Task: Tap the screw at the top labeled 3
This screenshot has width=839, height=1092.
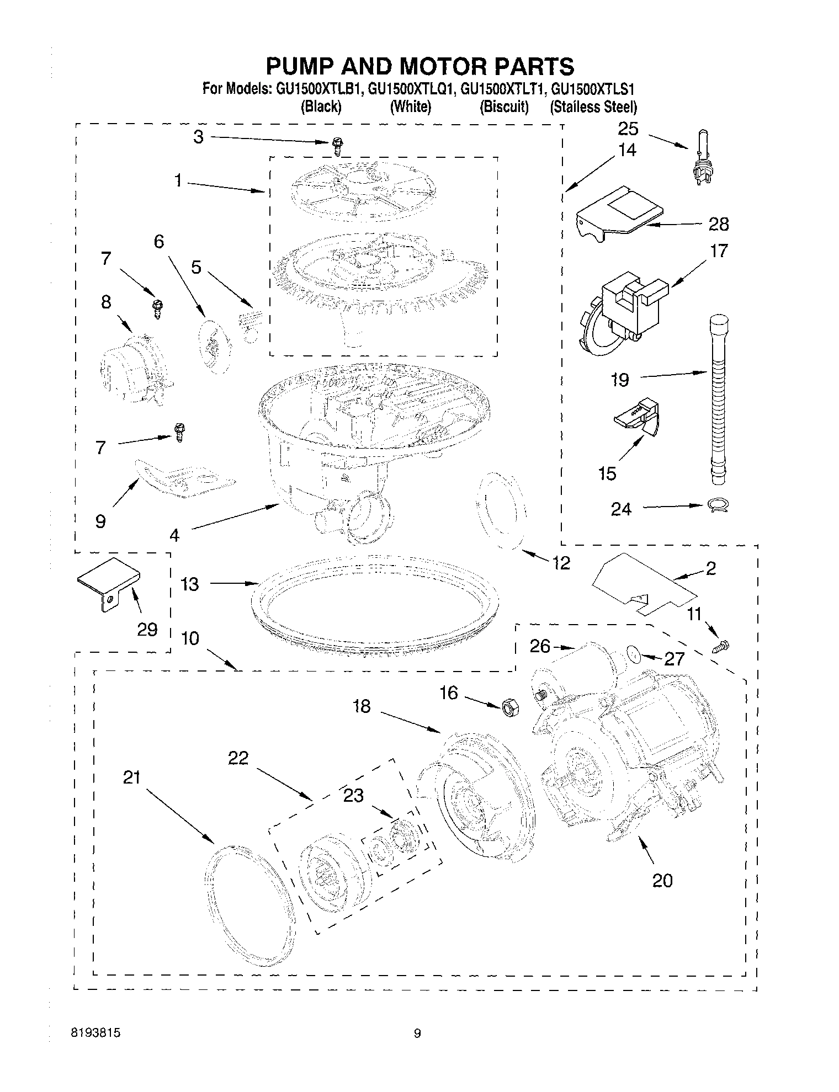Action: (337, 147)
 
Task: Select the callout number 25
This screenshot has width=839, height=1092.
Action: (628, 129)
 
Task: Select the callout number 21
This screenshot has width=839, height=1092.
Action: (132, 778)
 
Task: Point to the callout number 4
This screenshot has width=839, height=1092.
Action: (174, 535)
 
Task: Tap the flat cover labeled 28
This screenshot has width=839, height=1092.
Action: (618, 212)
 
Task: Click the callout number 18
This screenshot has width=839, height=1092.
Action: (362, 706)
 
